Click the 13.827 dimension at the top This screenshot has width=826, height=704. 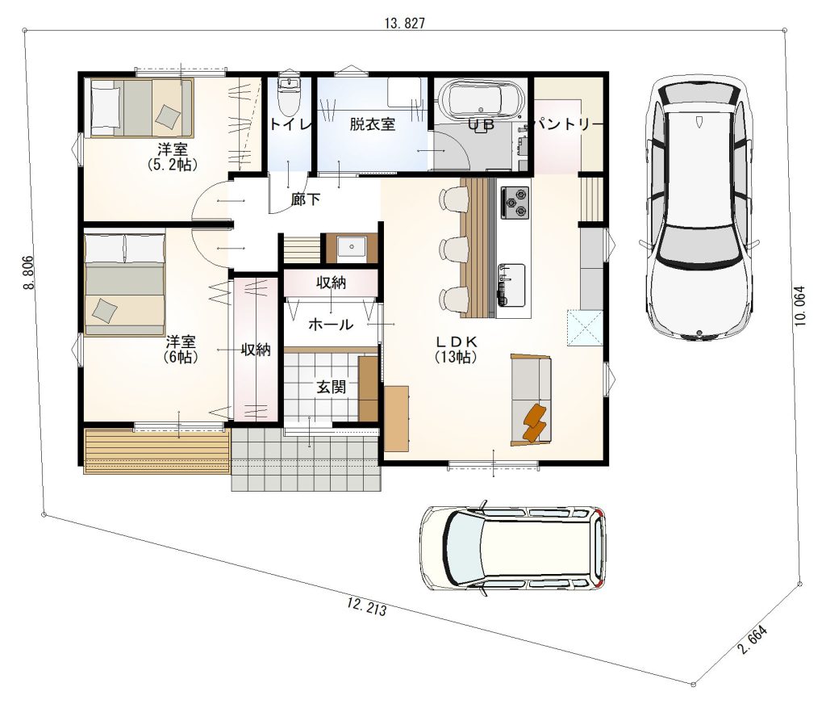coord(405,23)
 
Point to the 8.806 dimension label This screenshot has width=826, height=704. coord(28,272)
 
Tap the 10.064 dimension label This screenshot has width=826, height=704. coord(800,305)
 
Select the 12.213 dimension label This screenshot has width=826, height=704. coord(367,606)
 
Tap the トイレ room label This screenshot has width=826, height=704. coord(290,124)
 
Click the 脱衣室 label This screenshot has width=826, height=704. coord(373,124)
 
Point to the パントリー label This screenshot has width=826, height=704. coord(569,124)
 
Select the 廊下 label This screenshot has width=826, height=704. coord(306,199)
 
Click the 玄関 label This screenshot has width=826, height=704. coord(332,388)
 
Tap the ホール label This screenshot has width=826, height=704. coord(330,325)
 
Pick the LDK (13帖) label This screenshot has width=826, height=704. coord(457,349)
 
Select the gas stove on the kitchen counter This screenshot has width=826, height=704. coord(515,203)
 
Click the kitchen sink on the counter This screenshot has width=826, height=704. coord(511,284)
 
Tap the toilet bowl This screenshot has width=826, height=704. coord(288,97)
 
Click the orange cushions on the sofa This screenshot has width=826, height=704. coord(536,422)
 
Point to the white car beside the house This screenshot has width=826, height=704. coord(699,207)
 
